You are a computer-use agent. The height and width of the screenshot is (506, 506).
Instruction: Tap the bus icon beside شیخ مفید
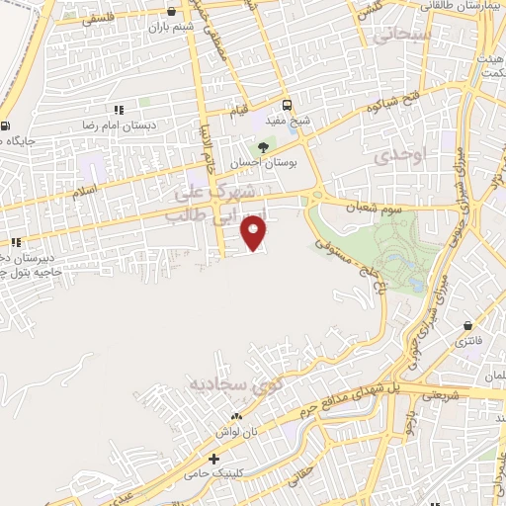[x=287, y=105]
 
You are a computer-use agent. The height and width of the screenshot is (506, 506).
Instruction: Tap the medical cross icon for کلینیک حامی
[x=213, y=460]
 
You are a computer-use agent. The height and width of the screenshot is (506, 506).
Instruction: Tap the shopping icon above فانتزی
[x=467, y=325]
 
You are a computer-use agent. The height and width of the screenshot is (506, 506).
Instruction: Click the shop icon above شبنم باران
[x=173, y=12]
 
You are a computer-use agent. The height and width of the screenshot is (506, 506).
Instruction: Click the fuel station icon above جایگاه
[x=7, y=126]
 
